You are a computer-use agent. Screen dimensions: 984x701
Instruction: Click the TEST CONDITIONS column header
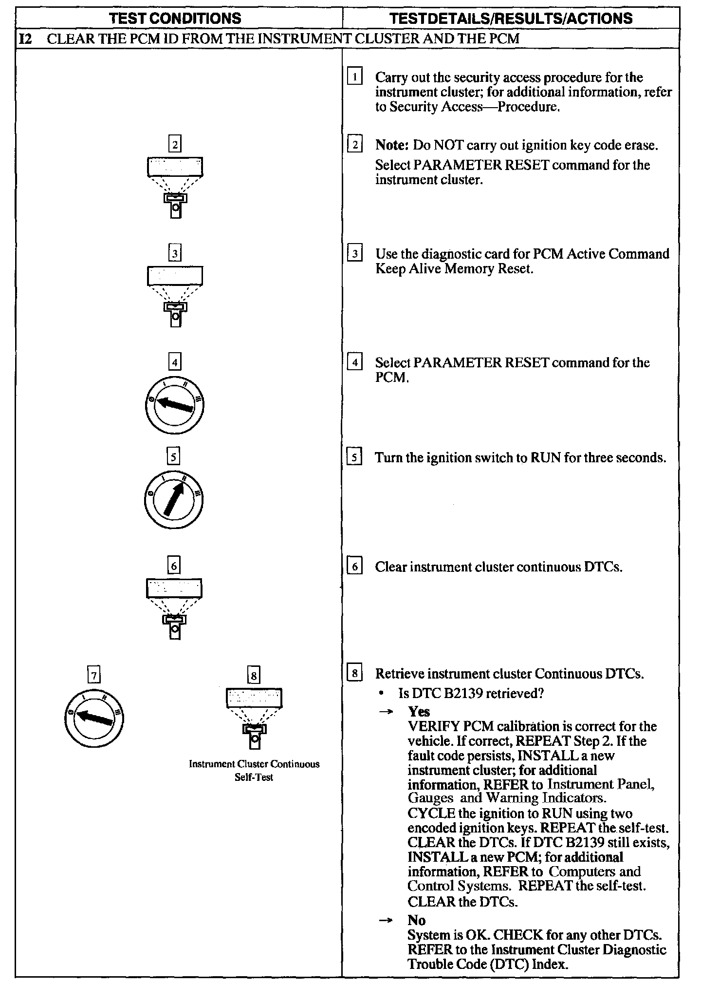(175, 19)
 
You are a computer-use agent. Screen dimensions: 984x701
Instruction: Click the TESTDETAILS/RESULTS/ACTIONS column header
(511, 19)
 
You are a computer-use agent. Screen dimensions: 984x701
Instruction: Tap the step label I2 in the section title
(25, 38)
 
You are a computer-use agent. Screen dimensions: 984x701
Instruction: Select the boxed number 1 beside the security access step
(355, 77)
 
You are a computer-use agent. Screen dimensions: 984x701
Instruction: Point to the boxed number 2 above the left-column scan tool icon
(175, 145)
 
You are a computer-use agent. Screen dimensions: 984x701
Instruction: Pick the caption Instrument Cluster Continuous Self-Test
(254, 770)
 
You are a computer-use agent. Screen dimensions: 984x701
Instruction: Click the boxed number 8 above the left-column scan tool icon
(254, 676)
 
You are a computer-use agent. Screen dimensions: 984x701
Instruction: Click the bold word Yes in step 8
(419, 712)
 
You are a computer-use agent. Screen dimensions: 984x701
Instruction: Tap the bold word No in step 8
(417, 920)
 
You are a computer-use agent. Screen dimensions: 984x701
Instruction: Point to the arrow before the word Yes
(386, 712)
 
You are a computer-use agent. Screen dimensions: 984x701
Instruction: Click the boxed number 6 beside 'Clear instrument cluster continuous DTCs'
(355, 567)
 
